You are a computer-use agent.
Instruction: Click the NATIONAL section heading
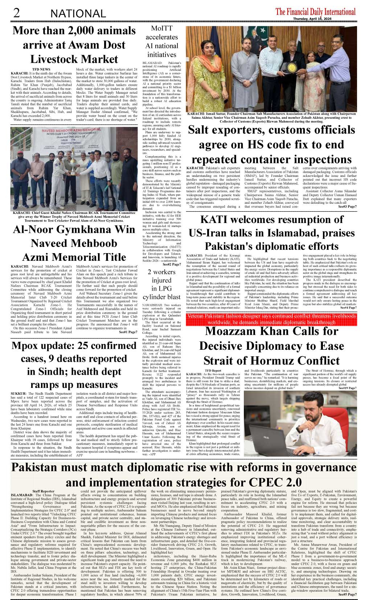pyautogui.click(x=78, y=14)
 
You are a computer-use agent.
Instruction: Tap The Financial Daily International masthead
pyautogui.click(x=315, y=12)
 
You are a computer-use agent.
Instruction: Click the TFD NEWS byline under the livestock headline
pyautogui.click(x=41, y=69)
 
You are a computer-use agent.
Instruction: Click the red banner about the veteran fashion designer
pyautogui.click(x=271, y=319)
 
